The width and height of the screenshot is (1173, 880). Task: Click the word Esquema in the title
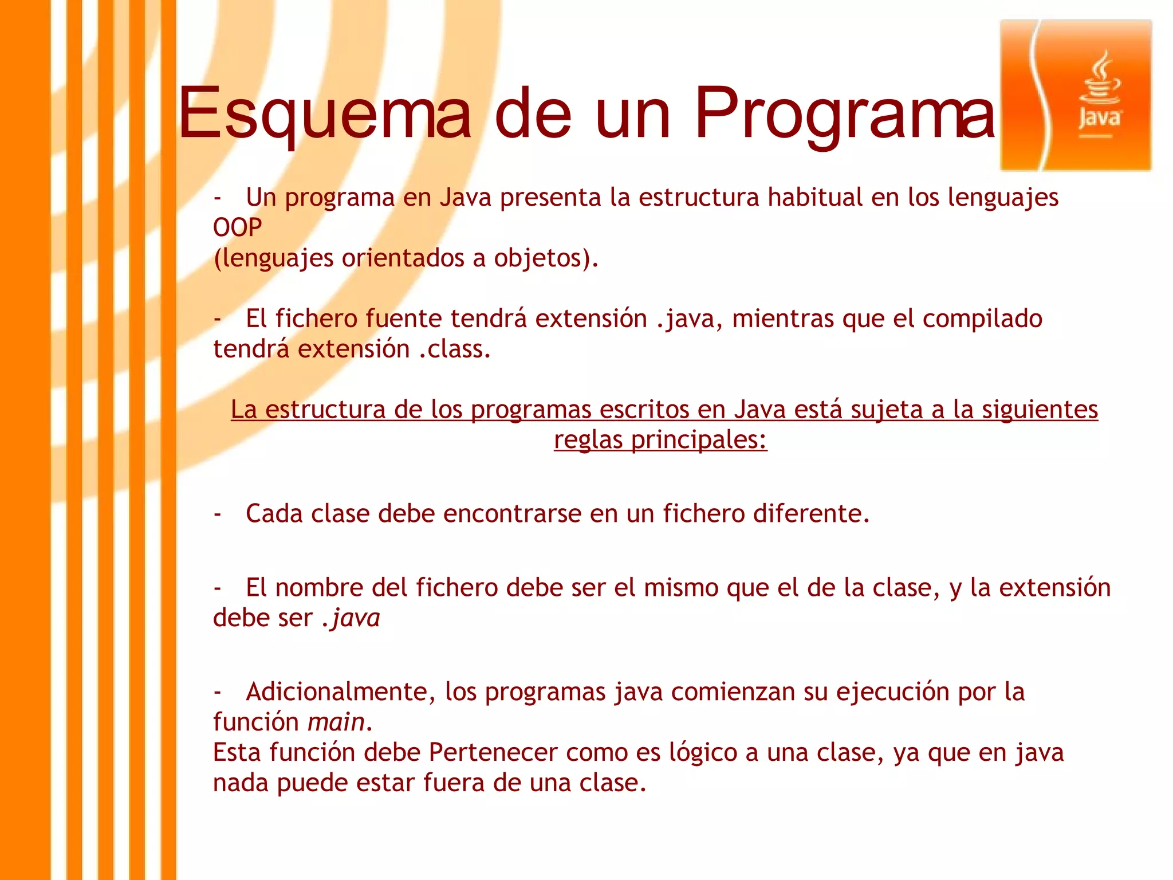point(325,113)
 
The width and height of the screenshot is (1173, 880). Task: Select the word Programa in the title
point(845,113)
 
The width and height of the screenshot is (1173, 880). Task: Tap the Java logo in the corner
point(1076,96)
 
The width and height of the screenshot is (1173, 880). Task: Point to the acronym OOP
point(237,228)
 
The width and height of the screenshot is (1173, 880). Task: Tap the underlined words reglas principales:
point(660,440)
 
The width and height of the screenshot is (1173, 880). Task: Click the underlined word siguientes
point(1040,410)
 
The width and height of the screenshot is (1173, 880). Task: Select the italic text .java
point(351,618)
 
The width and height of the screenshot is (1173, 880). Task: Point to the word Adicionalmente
point(336,692)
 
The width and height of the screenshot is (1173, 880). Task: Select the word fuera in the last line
point(454,783)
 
